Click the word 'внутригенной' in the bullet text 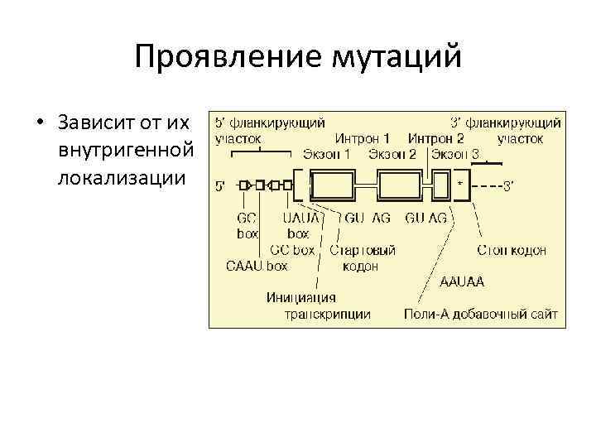pos(127,151)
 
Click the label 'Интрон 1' pos(363,139)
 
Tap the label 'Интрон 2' pos(435,139)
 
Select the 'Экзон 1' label pos(327,154)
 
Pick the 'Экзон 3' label pos(455,154)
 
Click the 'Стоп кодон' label pos(512,250)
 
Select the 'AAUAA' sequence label pos(463,281)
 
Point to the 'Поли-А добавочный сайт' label pos(480,315)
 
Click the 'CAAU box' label pos(257,266)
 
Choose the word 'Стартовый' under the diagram pos(363,250)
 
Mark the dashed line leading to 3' pos(486,186)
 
